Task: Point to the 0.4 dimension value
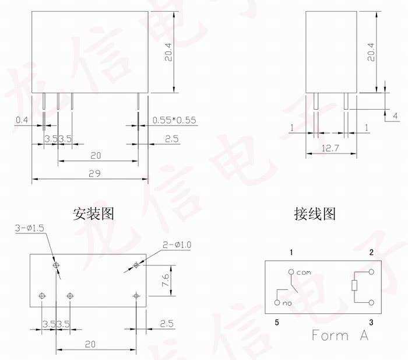pyautogui.click(x=22, y=120)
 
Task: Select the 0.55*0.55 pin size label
pyautogui.click(x=174, y=120)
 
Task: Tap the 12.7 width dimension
pyautogui.click(x=331, y=149)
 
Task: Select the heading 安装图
pyautogui.click(x=93, y=214)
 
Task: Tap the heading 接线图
pyautogui.click(x=315, y=214)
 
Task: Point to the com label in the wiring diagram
pyautogui.click(x=304, y=272)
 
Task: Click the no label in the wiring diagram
pyautogui.click(x=286, y=304)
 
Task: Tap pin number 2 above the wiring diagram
pyautogui.click(x=371, y=252)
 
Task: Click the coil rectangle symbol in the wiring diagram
pyautogui.click(x=353, y=285)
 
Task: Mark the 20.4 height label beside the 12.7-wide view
pyautogui.click(x=371, y=55)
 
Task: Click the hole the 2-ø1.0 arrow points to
pyautogui.click(x=136, y=265)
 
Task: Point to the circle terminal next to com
pyautogui.click(x=290, y=272)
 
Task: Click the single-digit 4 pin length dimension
pyautogui.click(x=395, y=116)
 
